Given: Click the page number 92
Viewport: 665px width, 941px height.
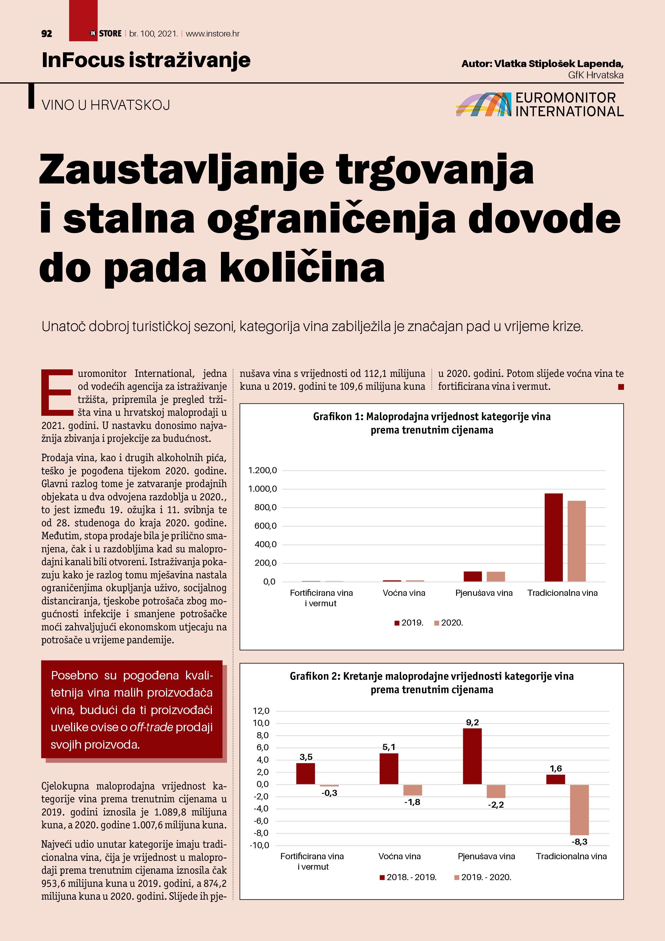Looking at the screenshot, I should pyautogui.click(x=47, y=34).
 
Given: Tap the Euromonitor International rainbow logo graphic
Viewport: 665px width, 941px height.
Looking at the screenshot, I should pyautogui.click(x=483, y=105).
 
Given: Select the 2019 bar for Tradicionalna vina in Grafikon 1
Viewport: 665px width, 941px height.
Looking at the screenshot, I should pyautogui.click(x=553, y=537).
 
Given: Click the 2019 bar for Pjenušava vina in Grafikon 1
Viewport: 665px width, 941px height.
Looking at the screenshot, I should pyautogui.click(x=472, y=576).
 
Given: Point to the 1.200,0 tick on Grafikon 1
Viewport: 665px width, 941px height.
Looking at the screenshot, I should pyautogui.click(x=263, y=470).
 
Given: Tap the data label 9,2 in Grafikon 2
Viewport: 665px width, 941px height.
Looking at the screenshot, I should pyautogui.click(x=472, y=722).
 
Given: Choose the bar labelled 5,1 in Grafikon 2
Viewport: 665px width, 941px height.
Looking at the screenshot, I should pyautogui.click(x=389, y=769).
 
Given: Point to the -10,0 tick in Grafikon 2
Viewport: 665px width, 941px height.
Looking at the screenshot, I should pyautogui.click(x=260, y=845).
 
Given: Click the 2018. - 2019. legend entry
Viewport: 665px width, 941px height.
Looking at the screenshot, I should pyautogui.click(x=408, y=877).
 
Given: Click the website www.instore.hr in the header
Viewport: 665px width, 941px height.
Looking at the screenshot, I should pyautogui.click(x=213, y=34).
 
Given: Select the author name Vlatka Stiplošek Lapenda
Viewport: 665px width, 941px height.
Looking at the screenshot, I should pyautogui.click(x=559, y=64).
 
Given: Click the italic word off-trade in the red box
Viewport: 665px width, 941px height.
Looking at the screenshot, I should pyautogui.click(x=151, y=727).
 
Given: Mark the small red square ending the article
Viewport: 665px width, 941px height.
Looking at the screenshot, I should pyautogui.click(x=621, y=387).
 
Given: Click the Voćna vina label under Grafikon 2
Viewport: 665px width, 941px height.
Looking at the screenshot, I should pyautogui.click(x=400, y=856).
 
